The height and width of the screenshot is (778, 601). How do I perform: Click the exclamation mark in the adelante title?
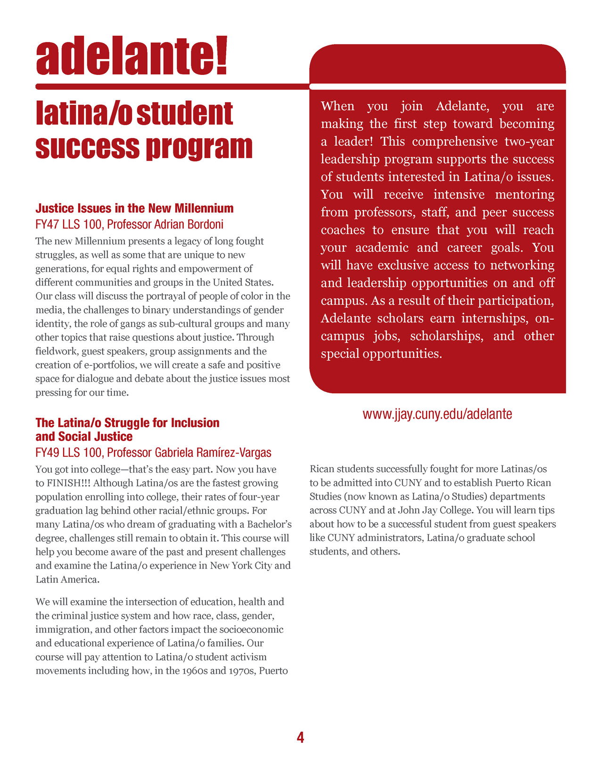pyautogui.click(x=221, y=56)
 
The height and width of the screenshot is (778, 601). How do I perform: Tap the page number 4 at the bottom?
pyautogui.click(x=300, y=737)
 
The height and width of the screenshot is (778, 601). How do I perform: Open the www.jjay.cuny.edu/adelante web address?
pyautogui.click(x=437, y=414)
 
